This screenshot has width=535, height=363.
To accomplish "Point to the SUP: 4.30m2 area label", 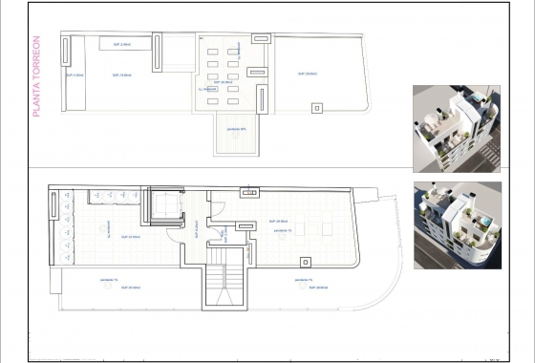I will click(75, 75).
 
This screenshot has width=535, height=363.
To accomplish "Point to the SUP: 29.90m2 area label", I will click(280, 220).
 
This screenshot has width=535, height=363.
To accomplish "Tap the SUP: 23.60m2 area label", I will click(132, 236).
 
